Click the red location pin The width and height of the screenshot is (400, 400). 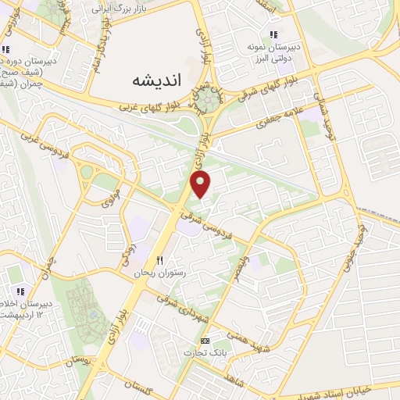click(202, 185)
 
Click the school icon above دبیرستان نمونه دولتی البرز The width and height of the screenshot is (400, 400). click(273, 34)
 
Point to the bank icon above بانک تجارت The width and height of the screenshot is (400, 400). click(205, 341)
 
